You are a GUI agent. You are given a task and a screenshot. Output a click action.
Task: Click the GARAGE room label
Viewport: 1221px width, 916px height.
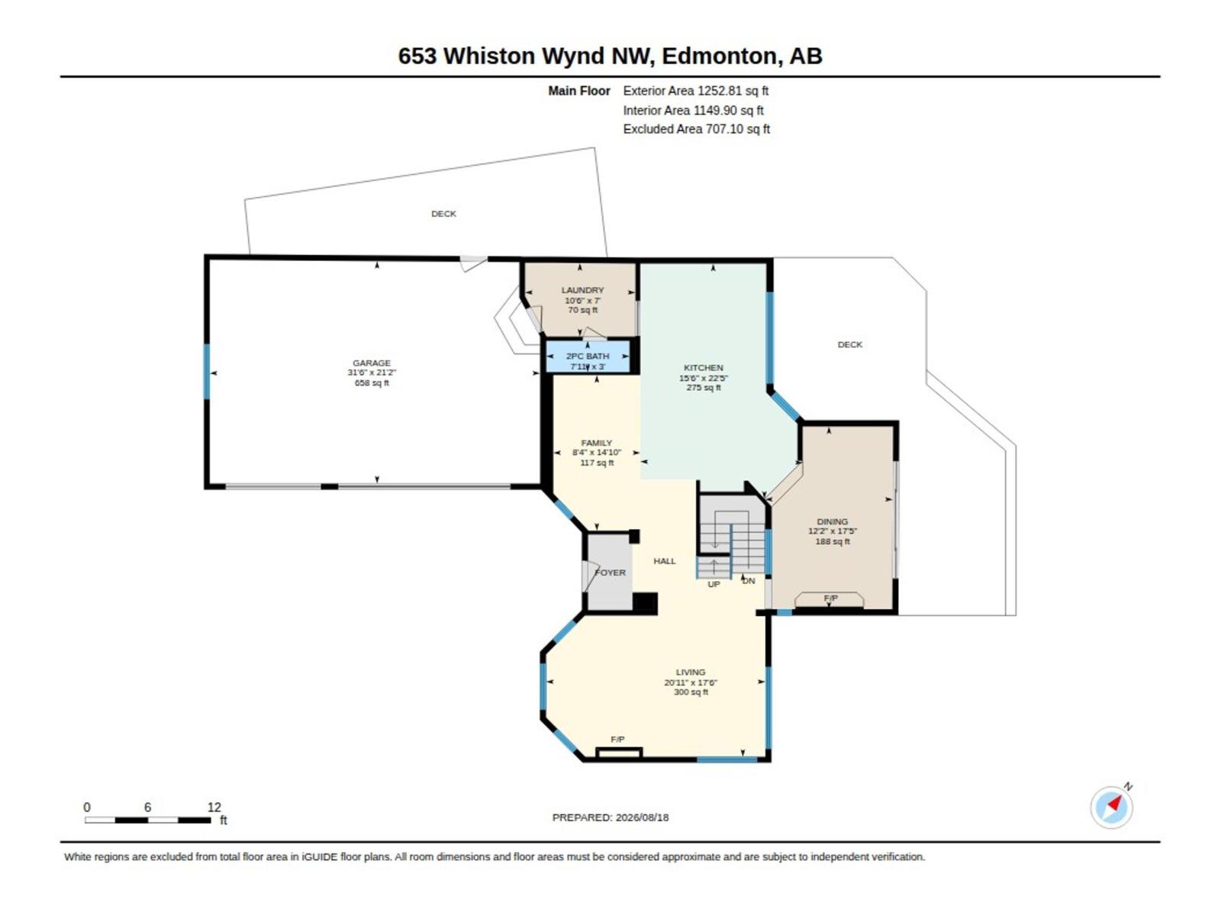click(371, 363)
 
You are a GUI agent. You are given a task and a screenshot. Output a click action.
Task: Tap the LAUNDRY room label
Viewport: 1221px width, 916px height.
click(582, 290)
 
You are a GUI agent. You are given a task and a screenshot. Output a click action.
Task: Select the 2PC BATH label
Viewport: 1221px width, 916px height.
click(588, 356)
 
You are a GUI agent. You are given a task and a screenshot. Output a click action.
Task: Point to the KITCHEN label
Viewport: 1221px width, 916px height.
click(703, 368)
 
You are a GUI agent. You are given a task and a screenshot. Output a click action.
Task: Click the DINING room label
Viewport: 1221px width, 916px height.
click(832, 521)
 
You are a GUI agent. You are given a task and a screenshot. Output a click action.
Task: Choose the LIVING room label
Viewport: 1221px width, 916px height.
click(691, 672)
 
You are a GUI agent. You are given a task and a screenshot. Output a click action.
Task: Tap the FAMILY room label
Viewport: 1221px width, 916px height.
click(596, 443)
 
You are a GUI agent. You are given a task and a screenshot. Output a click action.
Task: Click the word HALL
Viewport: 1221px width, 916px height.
click(664, 560)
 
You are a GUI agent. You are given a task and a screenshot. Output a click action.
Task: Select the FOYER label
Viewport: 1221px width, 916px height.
click(610, 572)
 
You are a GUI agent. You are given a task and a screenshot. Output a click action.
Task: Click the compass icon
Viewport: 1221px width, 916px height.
click(1111, 807)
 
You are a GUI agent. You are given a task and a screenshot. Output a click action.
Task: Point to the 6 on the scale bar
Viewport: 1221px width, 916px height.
click(147, 807)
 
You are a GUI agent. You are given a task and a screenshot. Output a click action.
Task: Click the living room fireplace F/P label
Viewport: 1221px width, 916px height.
click(617, 739)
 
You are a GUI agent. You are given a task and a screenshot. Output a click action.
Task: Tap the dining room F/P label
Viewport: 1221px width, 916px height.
click(830, 598)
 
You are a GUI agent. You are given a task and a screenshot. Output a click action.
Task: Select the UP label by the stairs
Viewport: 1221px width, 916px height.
click(714, 584)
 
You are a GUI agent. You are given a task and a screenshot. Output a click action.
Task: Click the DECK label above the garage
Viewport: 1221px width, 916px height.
click(443, 214)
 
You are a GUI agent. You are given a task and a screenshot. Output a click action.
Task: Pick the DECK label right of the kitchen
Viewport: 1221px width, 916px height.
click(849, 344)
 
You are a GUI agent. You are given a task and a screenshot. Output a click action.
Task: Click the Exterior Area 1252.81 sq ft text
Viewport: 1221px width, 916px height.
click(695, 91)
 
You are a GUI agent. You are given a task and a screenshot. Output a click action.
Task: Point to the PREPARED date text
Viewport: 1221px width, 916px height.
click(610, 817)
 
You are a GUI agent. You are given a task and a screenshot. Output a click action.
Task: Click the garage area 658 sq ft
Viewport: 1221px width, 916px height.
click(372, 382)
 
